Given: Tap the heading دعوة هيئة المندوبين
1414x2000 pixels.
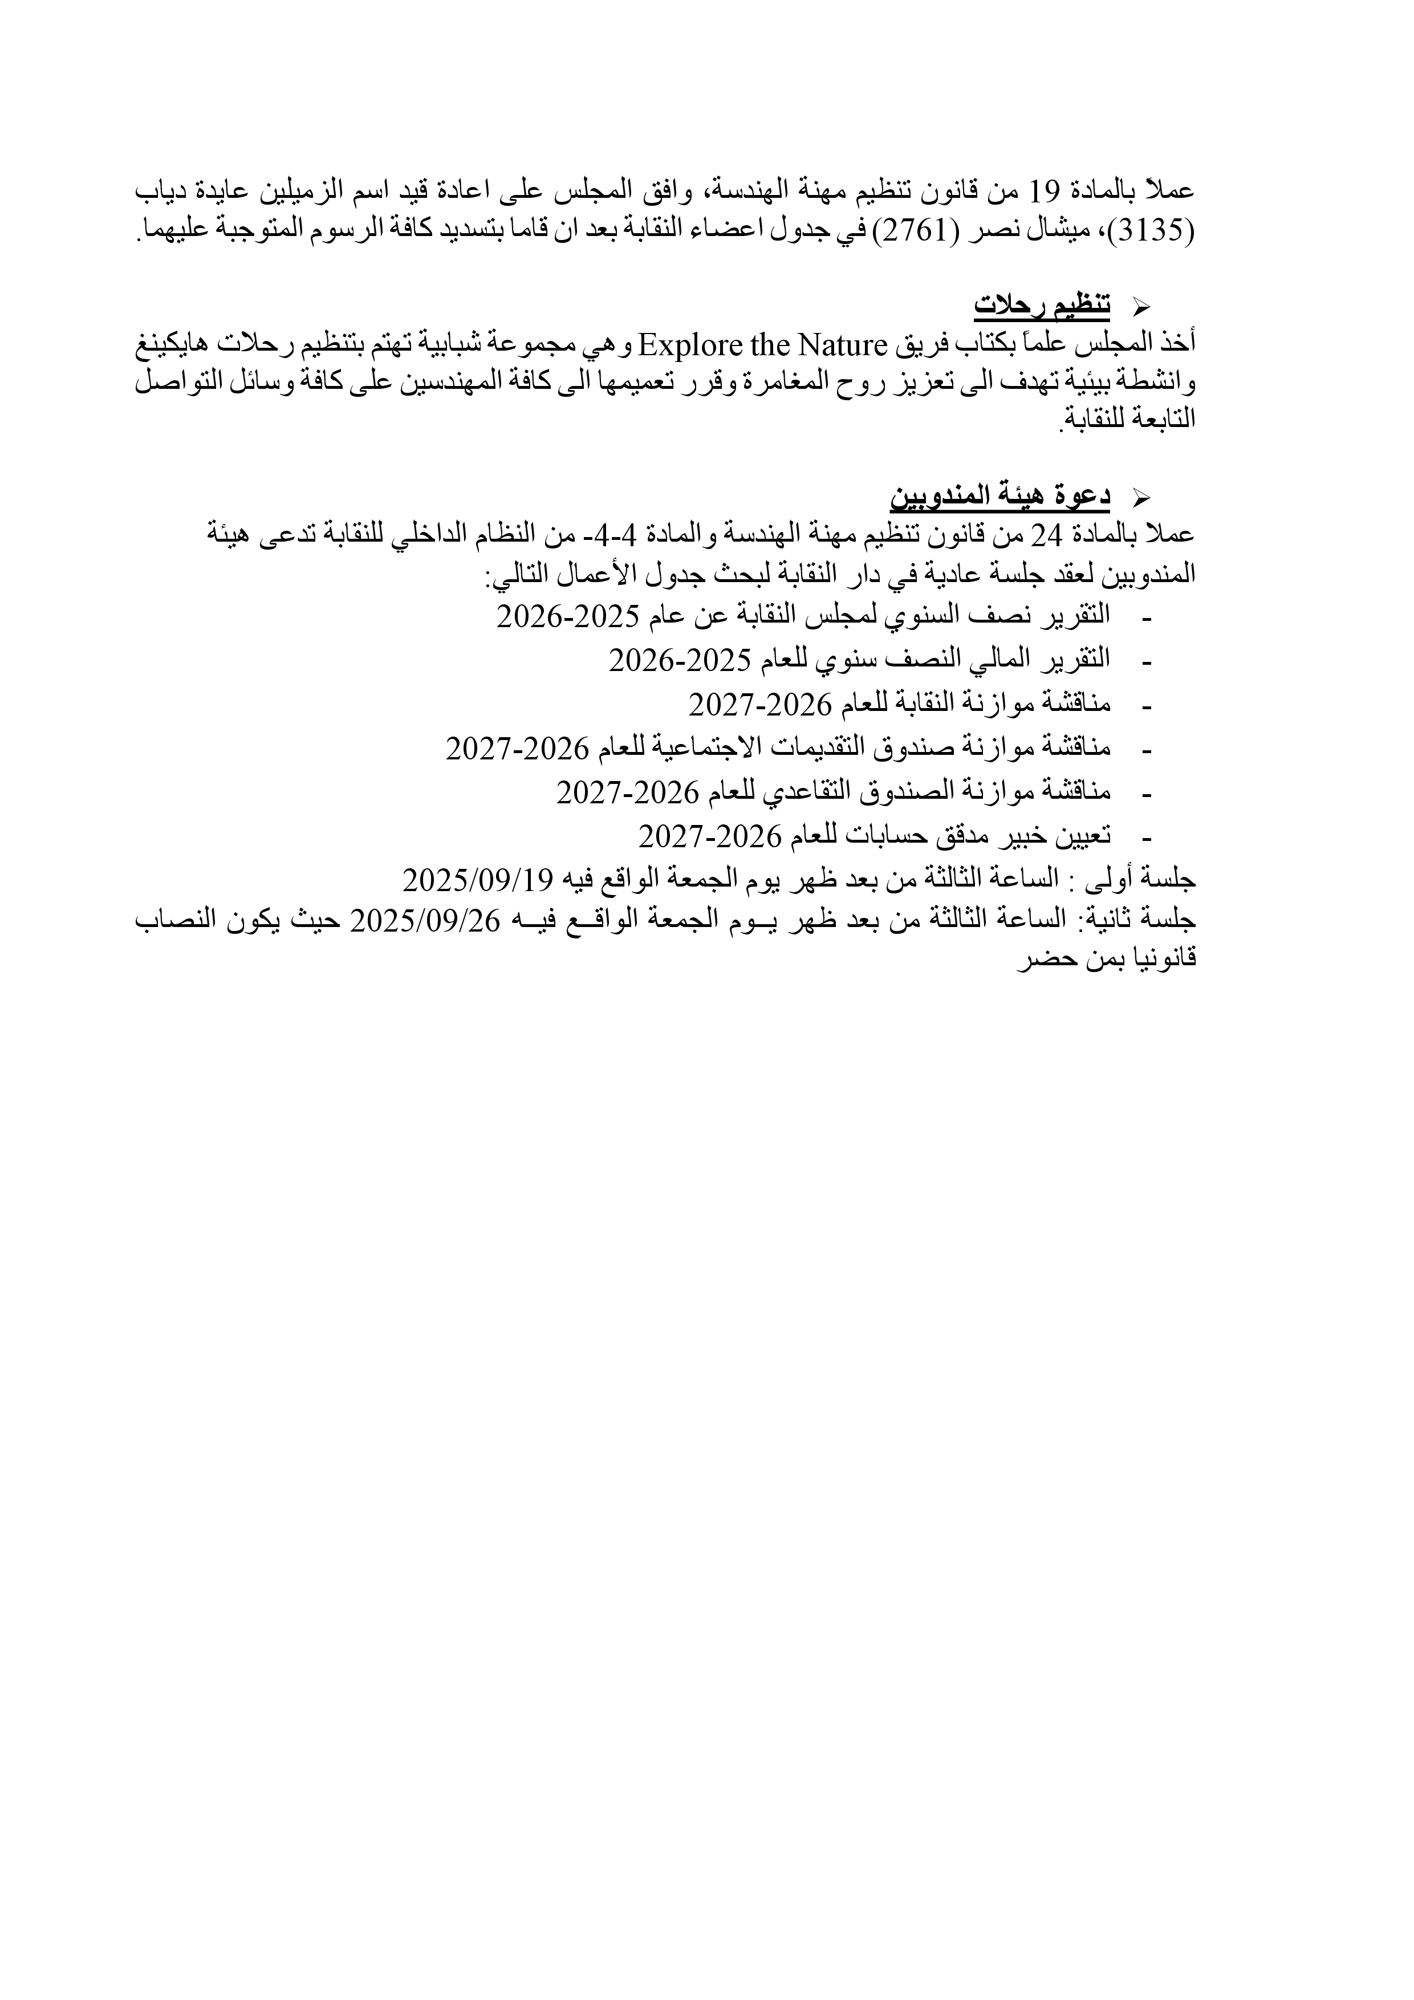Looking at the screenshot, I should tap(1000, 497).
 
